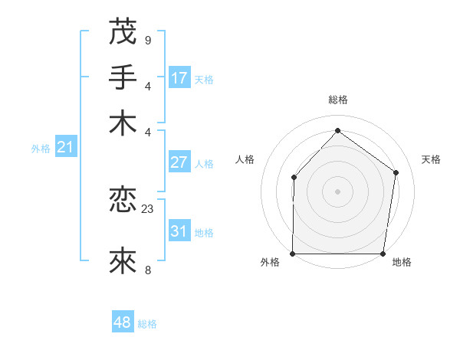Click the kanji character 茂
click(123, 32)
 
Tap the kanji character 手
click(123, 77)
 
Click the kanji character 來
click(123, 261)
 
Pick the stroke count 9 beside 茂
click(147, 40)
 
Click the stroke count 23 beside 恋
click(148, 208)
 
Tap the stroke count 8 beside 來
click(147, 269)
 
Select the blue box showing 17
click(179, 78)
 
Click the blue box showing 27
click(179, 162)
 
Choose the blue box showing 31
click(179, 231)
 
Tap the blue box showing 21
click(64, 147)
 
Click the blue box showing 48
click(123, 322)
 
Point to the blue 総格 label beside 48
click(147, 324)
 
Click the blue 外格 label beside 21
click(41, 149)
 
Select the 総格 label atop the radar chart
click(337, 100)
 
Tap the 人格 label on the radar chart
click(245, 159)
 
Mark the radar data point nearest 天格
click(396, 172)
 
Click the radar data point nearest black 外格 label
click(293, 254)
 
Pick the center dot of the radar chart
click(337, 191)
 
